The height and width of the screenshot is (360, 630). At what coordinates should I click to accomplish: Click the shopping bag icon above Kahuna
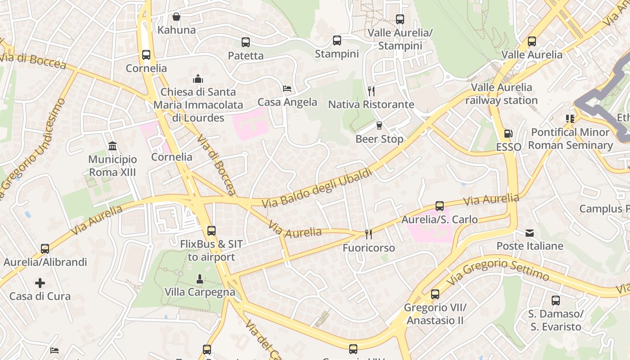[x=176, y=17]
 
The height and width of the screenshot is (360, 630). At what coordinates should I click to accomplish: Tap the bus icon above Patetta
[x=245, y=42]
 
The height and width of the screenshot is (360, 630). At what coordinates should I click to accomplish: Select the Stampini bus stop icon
[x=337, y=40]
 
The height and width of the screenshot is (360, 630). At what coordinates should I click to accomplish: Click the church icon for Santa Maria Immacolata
[x=198, y=79]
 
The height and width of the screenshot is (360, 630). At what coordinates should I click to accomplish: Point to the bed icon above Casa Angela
[x=287, y=89]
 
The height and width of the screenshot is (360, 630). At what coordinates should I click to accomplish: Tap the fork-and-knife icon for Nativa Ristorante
[x=371, y=91]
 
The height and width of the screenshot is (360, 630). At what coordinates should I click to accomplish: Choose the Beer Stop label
[x=379, y=139]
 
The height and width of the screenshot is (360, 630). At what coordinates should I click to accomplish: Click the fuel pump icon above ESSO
[x=508, y=134]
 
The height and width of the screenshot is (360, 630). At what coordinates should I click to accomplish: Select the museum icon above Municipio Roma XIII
[x=112, y=146]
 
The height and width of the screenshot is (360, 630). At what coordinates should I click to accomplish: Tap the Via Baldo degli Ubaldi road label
[x=317, y=188]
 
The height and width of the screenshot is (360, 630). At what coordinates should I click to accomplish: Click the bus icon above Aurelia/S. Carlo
[x=440, y=206]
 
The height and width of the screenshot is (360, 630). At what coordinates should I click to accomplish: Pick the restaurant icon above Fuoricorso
[x=369, y=234]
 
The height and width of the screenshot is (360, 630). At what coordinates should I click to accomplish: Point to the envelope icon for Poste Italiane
[x=530, y=233]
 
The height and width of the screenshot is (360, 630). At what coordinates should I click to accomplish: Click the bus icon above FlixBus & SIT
[x=211, y=231]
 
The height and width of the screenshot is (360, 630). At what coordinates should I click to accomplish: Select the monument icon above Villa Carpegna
[x=200, y=279]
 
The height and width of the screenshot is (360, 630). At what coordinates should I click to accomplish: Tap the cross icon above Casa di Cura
[x=40, y=283]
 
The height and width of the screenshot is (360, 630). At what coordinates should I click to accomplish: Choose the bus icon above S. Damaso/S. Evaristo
[x=556, y=301]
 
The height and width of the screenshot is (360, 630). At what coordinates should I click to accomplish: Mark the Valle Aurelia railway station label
[x=501, y=94]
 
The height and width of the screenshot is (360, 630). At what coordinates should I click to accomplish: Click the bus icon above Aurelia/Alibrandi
[x=45, y=249]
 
